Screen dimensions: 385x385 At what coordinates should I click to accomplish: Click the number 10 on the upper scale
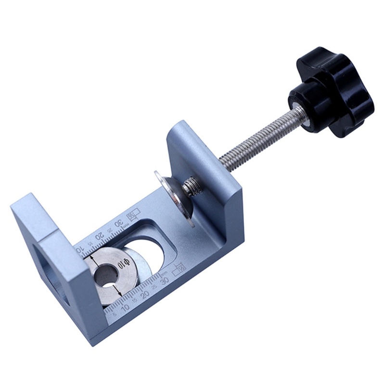(x=80, y=250)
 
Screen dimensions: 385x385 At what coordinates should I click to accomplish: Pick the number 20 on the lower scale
(x=144, y=294)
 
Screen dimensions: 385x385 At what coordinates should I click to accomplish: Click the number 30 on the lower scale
(x=165, y=281)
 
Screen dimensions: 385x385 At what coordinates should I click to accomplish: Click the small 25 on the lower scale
(x=155, y=288)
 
